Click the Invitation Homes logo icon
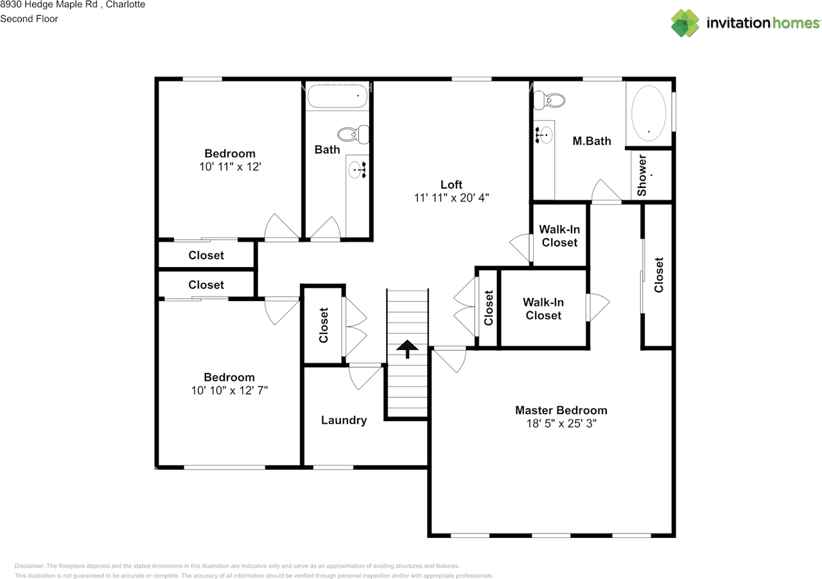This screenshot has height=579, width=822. pyautogui.click(x=685, y=22)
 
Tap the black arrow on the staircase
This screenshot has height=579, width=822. pyautogui.click(x=407, y=349)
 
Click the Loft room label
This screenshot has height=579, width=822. pyautogui.click(x=451, y=185)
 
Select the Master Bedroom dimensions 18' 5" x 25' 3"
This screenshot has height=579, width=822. pyautogui.click(x=561, y=424)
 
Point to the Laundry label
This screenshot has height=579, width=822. pyautogui.click(x=344, y=420)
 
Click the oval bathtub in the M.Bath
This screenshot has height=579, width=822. pyautogui.click(x=649, y=114)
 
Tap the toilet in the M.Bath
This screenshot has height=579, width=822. pyautogui.click(x=550, y=101)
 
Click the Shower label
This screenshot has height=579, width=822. pyautogui.click(x=642, y=175)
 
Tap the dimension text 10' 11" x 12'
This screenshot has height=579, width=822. pyautogui.click(x=230, y=166)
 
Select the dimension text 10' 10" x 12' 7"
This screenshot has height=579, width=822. pyautogui.click(x=229, y=390)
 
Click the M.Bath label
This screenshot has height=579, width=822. pyautogui.click(x=591, y=141)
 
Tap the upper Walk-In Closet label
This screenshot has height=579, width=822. pyautogui.click(x=559, y=236)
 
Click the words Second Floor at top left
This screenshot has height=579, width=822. pyautogui.click(x=29, y=19)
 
